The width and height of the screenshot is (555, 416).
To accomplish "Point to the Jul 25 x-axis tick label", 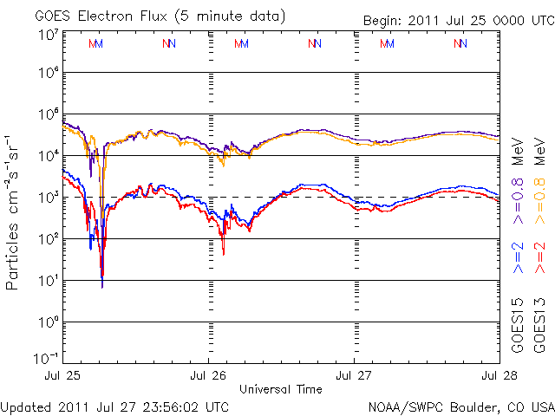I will tap(63, 376).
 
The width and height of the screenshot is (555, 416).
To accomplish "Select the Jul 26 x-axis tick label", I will tap(209, 376).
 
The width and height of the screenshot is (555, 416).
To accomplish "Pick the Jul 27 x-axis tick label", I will tap(354, 376).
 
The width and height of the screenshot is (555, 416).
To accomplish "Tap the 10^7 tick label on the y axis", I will tap(47, 36).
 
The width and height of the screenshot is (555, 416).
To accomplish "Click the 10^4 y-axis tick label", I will tap(47, 155).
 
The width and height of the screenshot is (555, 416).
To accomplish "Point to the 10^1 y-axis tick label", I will tap(47, 280).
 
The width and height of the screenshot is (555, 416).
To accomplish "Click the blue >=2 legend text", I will tap(518, 258).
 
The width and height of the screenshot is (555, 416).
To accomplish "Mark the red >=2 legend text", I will tap(540, 258).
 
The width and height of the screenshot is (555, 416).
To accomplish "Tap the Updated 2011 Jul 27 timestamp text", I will tap(115, 406).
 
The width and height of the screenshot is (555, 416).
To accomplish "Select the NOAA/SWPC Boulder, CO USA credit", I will tap(460, 406).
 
